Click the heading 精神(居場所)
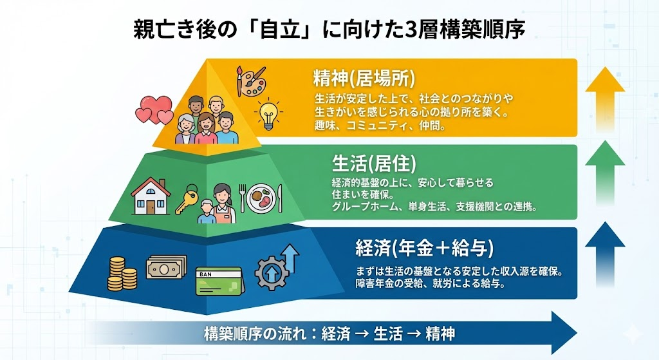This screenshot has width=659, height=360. tap(364, 78)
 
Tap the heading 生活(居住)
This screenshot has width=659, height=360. tap(374, 163)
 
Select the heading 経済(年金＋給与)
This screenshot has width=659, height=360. tap(425, 248)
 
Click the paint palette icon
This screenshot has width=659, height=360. tap(252, 81)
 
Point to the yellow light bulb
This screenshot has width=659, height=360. tap(268, 114)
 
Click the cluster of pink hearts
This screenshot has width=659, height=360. tap(154, 109)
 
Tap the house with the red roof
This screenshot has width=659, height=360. tap(151, 196)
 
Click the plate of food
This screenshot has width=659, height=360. tap(261, 198)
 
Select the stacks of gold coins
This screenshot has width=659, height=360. tap(122, 274)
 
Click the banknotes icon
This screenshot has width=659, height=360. tap(167, 267)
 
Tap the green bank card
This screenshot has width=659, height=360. tap(219, 281)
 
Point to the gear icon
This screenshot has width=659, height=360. tap(272, 273)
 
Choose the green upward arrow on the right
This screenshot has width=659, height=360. tap(605, 173)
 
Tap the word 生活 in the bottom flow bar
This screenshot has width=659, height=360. tap(388, 334)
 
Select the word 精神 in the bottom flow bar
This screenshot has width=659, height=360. tap(440, 334)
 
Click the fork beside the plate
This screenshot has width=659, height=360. tap(242, 198)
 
